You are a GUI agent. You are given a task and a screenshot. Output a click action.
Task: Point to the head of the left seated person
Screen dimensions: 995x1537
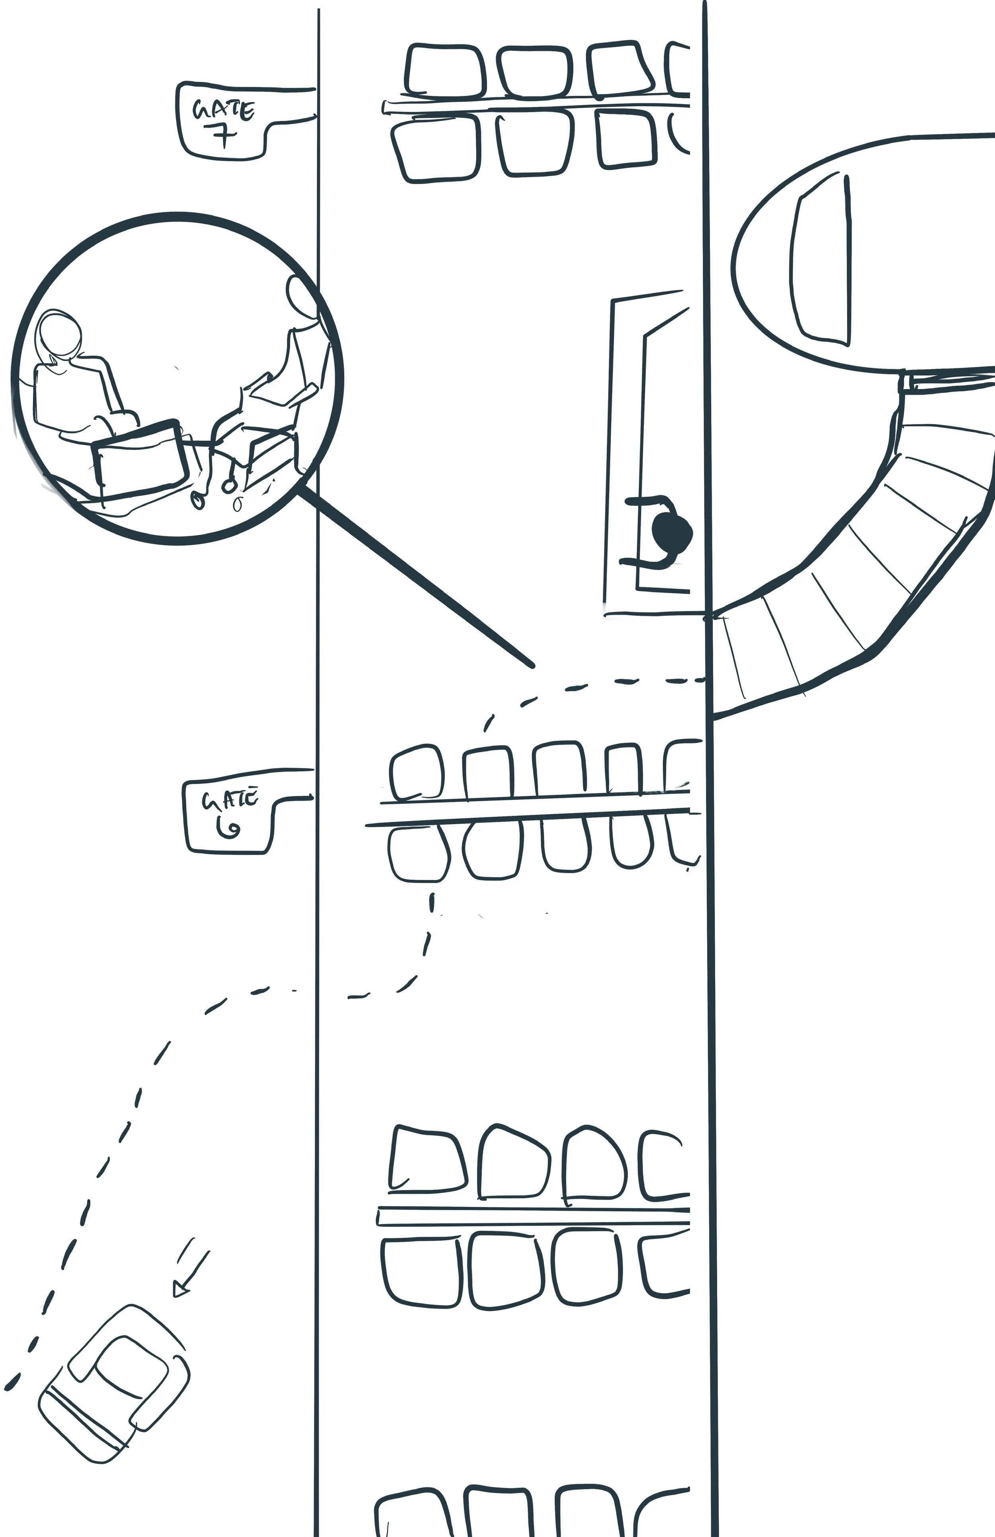click(x=60, y=335)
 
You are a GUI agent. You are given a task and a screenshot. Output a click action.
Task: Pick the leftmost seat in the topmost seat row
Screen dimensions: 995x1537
click(x=445, y=70)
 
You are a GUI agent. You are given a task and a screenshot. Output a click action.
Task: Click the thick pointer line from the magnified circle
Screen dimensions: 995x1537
click(x=414, y=575)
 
